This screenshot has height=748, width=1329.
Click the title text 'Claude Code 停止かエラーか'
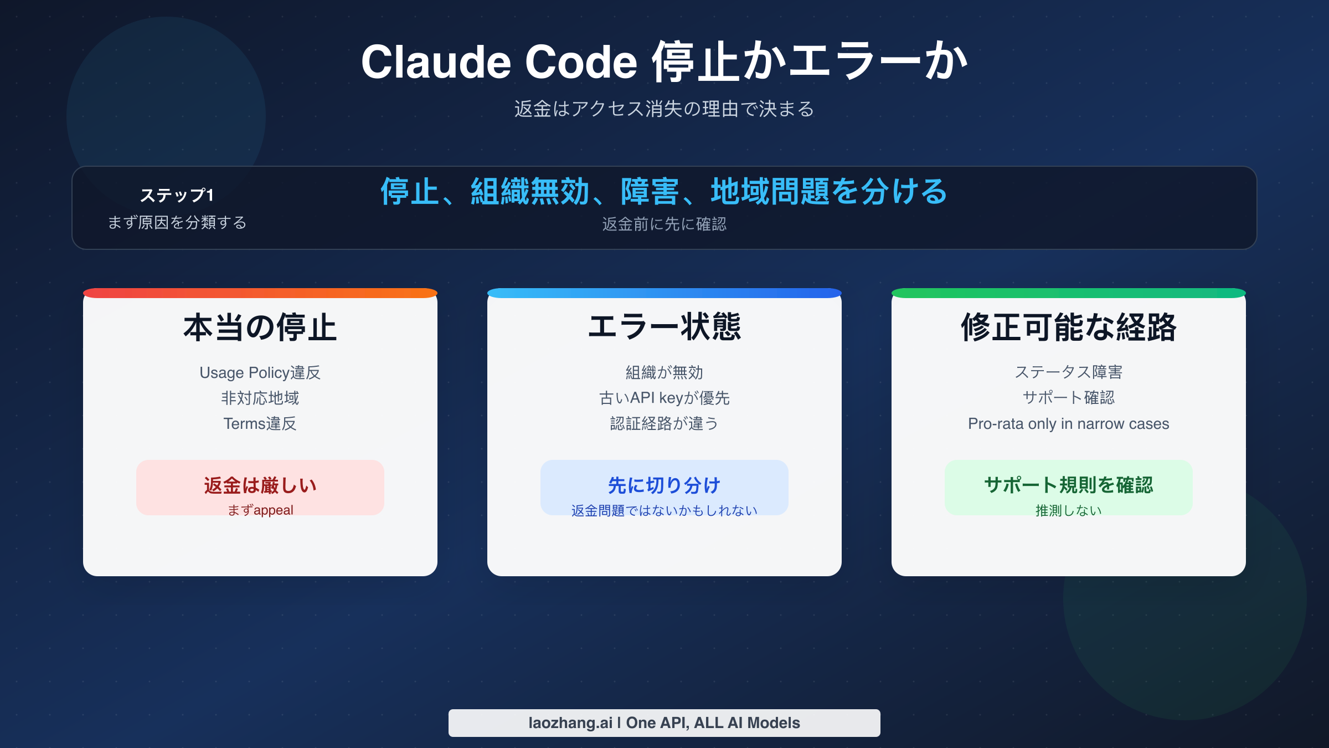pos(664,62)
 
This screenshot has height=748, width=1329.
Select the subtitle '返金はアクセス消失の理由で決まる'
pos(664,109)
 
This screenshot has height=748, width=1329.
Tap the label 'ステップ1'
pos(177,195)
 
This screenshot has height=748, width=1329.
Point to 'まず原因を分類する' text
pos(177,222)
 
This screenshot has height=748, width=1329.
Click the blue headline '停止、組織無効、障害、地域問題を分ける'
pos(664,192)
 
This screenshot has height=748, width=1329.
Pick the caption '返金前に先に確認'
pos(664,224)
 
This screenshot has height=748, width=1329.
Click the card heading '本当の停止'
pos(260,327)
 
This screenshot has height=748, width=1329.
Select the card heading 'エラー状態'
pos(664,326)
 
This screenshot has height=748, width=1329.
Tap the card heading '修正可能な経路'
pos(1068,327)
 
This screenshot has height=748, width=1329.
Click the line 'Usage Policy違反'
pos(260,372)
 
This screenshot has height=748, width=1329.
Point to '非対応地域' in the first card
pos(260,398)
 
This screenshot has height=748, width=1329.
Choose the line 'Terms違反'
pos(260,423)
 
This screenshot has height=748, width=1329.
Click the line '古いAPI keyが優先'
pos(664,398)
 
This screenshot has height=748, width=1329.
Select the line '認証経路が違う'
pos(664,423)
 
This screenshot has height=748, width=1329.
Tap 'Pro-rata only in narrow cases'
pos(1068,424)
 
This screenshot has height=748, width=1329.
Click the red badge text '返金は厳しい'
pos(260,485)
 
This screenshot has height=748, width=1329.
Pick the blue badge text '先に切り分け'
pos(664,485)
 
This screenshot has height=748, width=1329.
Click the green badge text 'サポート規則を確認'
pos(1068,485)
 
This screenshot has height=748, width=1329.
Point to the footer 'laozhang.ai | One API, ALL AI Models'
pos(664,723)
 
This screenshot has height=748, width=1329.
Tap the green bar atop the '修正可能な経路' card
pos(1068,293)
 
